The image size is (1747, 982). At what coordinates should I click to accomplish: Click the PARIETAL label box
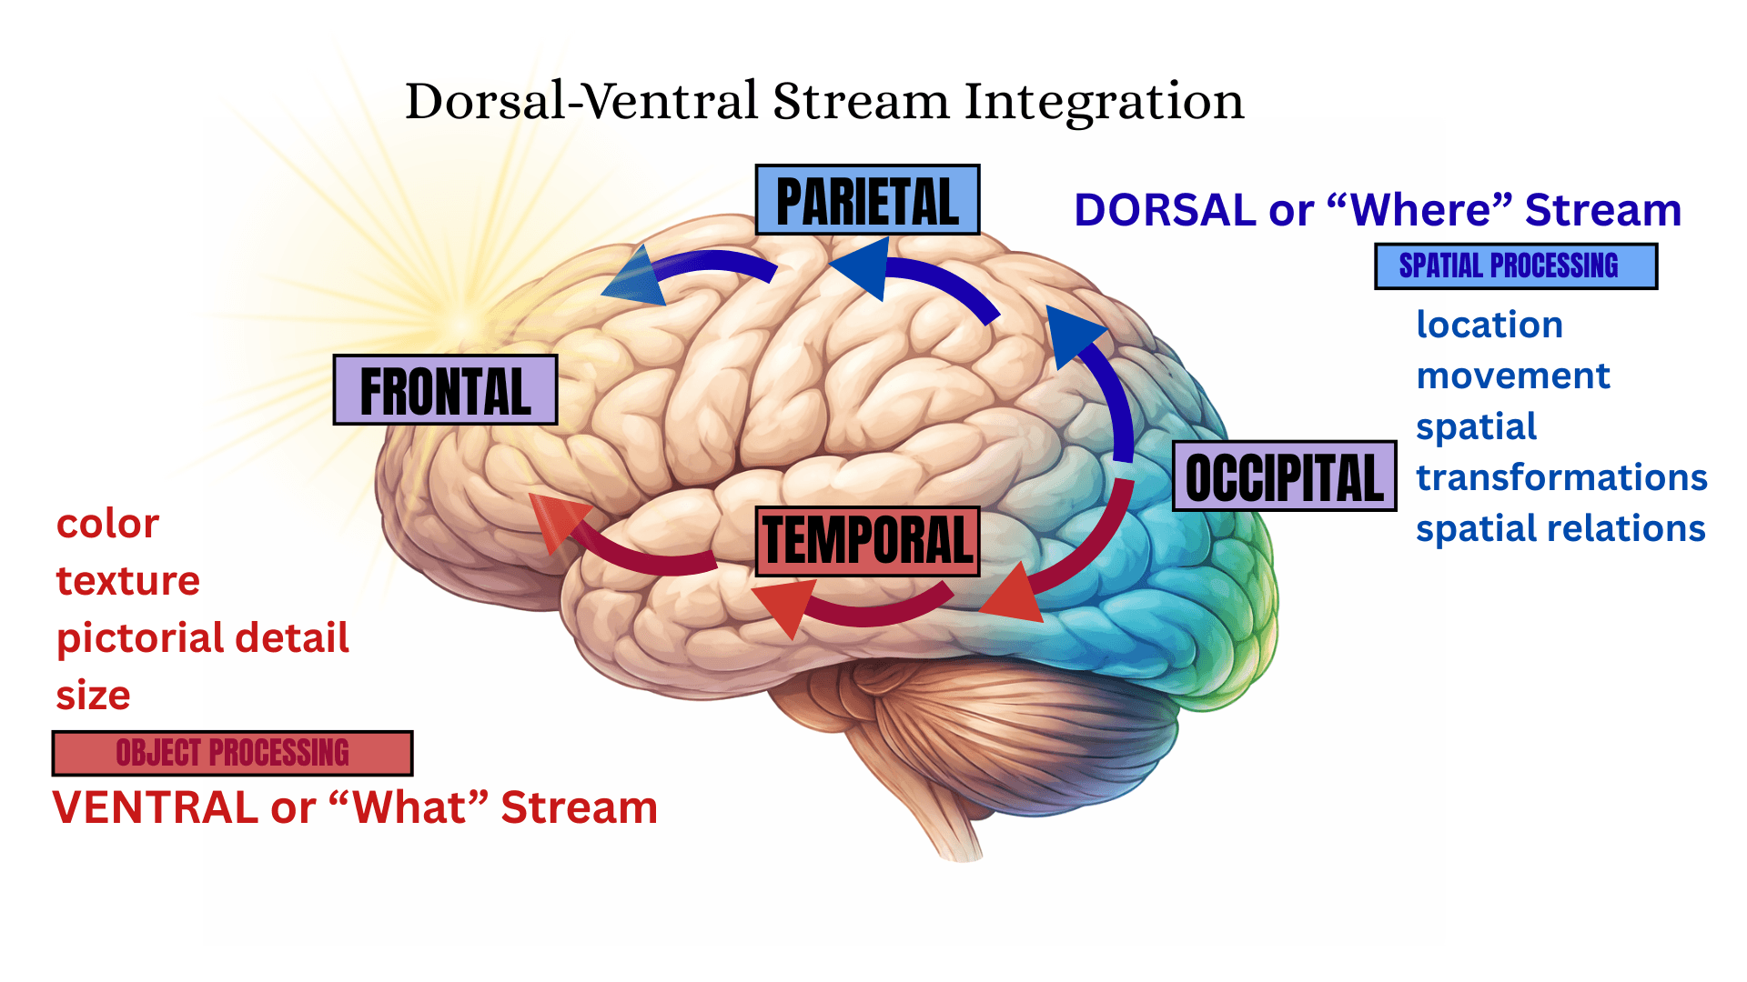pos(867,200)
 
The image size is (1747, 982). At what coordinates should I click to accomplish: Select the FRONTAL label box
pos(445,390)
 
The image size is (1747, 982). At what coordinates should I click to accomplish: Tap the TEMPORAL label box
pos(867,541)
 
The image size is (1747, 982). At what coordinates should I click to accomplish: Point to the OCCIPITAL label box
pos(1284,476)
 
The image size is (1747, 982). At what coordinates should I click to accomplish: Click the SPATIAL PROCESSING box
pos(1515,266)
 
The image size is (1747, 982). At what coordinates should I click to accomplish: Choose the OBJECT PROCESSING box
pos(232,753)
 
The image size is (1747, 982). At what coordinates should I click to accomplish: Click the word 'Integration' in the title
pos(1104,101)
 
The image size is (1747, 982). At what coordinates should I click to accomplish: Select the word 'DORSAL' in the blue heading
pos(1165,211)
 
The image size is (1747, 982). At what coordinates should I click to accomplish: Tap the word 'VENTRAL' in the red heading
pos(155,807)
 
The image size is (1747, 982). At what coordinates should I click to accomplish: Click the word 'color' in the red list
pos(107,525)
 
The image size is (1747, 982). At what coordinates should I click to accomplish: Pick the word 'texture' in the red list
pos(127,581)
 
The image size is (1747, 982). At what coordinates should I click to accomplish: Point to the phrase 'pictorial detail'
pos(202,638)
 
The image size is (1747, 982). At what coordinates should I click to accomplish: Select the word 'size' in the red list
pos(93,696)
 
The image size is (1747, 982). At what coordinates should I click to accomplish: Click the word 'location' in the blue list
pos(1489,326)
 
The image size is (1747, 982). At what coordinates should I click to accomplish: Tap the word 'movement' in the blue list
pos(1513,376)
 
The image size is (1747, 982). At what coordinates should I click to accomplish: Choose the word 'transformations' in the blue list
pos(1561,478)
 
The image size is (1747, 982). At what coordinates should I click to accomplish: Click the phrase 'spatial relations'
pos(1560,529)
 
